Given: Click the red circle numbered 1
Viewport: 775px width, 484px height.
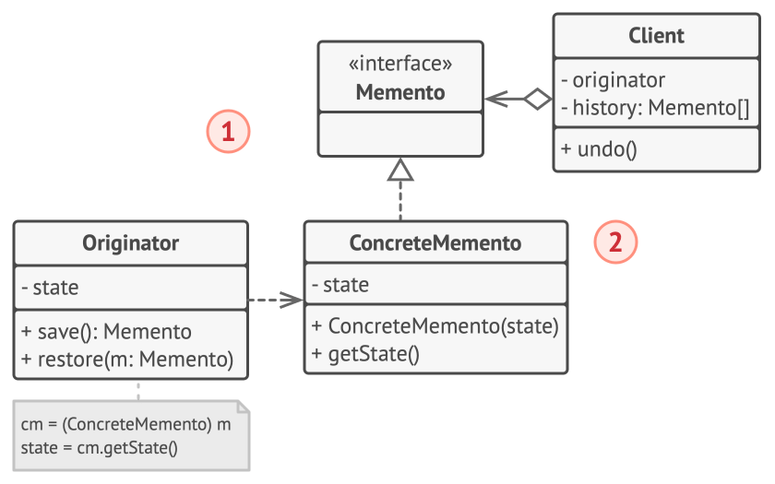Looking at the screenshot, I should coord(228,132).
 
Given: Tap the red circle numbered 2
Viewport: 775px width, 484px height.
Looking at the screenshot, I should coord(615,242).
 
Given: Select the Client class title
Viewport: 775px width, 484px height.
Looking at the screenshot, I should coord(656,36).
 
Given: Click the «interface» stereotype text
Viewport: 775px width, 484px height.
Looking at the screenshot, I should coord(399,64).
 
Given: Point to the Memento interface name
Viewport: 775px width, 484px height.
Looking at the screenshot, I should coord(399,92).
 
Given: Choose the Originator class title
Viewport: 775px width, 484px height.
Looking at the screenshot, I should coord(130,243).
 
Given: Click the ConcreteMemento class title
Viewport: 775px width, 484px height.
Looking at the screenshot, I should coord(435,243).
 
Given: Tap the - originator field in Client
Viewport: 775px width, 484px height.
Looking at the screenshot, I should coord(612,80).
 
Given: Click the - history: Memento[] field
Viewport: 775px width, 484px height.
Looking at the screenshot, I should coord(654,108).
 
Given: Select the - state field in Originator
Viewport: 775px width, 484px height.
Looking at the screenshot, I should coord(50,288).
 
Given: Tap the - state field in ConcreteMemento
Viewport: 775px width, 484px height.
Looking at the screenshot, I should coord(340,286).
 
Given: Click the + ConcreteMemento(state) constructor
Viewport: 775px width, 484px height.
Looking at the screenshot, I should coord(435,326).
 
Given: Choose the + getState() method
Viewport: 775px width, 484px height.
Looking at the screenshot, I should coord(365,354).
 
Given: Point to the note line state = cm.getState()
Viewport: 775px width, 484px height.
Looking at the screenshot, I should coord(99,448).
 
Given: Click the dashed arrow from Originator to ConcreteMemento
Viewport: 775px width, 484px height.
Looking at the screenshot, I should coord(275,300).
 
